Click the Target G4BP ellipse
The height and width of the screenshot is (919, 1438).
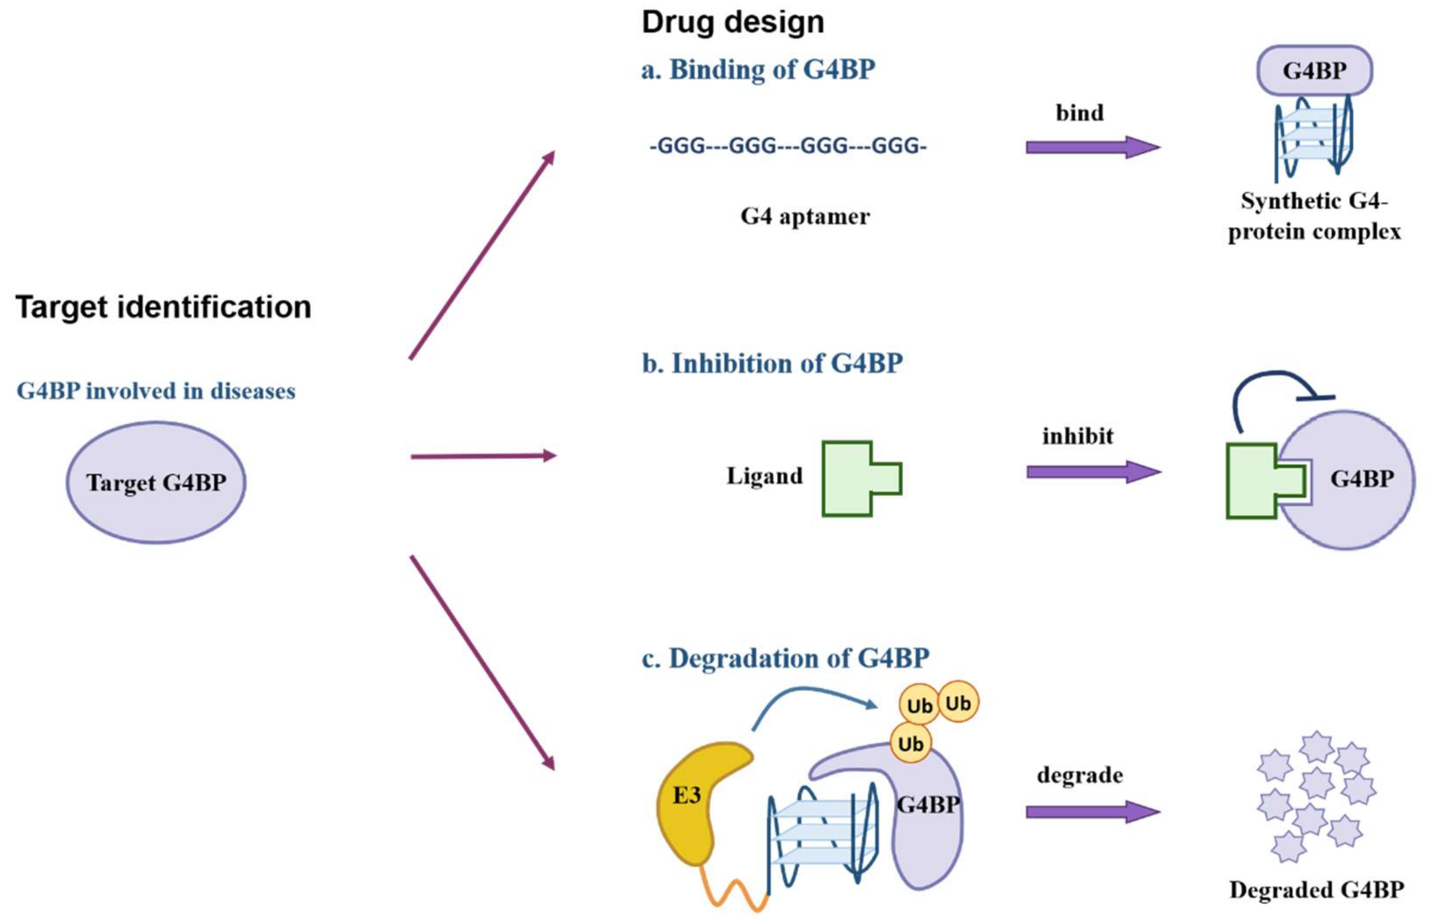pyautogui.click(x=156, y=483)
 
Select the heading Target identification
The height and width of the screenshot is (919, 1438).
pyautogui.click(x=163, y=308)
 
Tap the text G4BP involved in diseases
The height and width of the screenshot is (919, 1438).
pyautogui.click(x=156, y=391)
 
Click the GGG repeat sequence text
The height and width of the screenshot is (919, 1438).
pyautogui.click(x=788, y=146)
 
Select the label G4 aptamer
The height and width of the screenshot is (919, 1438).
pyautogui.click(x=804, y=216)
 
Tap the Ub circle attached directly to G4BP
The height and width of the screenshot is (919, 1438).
pyautogui.click(x=910, y=744)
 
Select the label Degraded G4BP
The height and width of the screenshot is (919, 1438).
pyautogui.click(x=1316, y=890)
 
